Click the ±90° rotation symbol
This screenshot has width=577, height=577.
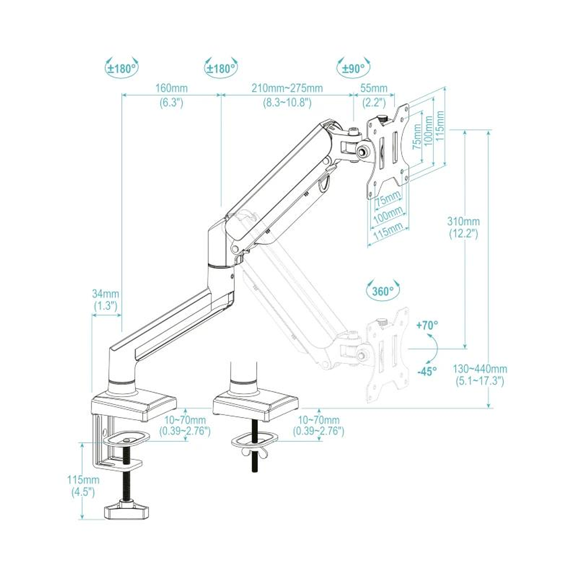(353, 68)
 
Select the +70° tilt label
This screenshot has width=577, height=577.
(427, 325)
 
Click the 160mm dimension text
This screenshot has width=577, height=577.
(171, 88)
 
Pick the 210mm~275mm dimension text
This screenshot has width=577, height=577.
(287, 88)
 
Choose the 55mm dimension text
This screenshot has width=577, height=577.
(374, 88)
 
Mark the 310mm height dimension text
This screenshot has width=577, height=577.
(463, 221)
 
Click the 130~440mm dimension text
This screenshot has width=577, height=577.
(481, 369)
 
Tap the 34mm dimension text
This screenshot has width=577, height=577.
(105, 294)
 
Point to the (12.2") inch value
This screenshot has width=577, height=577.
(463, 234)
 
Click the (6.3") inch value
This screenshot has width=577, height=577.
(171, 103)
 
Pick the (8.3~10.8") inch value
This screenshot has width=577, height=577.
(287, 103)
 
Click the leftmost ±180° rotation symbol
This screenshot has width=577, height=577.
(121, 68)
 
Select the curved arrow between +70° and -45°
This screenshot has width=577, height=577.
(434, 348)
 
